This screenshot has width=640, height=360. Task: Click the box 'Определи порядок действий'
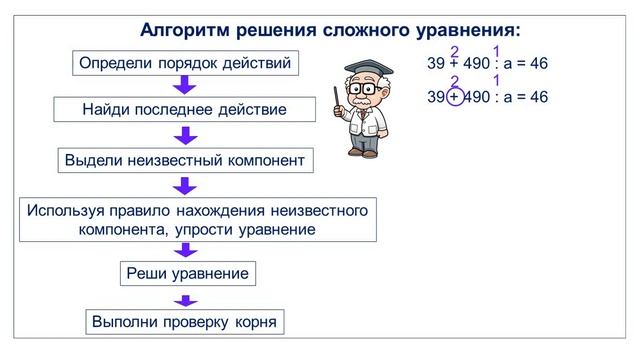(x=186, y=65)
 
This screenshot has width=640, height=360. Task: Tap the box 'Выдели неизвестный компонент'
(x=184, y=160)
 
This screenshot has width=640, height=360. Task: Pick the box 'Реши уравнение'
(x=186, y=273)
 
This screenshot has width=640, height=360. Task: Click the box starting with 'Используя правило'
(x=198, y=220)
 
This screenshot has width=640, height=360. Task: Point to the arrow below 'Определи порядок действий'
(x=184, y=86)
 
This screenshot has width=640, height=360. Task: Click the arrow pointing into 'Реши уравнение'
(x=184, y=250)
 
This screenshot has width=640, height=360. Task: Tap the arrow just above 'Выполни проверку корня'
(x=184, y=298)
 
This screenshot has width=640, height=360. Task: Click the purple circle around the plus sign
(x=455, y=97)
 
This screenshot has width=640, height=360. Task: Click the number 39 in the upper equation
(x=436, y=64)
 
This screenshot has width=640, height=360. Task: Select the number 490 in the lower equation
(x=478, y=98)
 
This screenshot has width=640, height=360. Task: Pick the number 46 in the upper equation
(x=538, y=64)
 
